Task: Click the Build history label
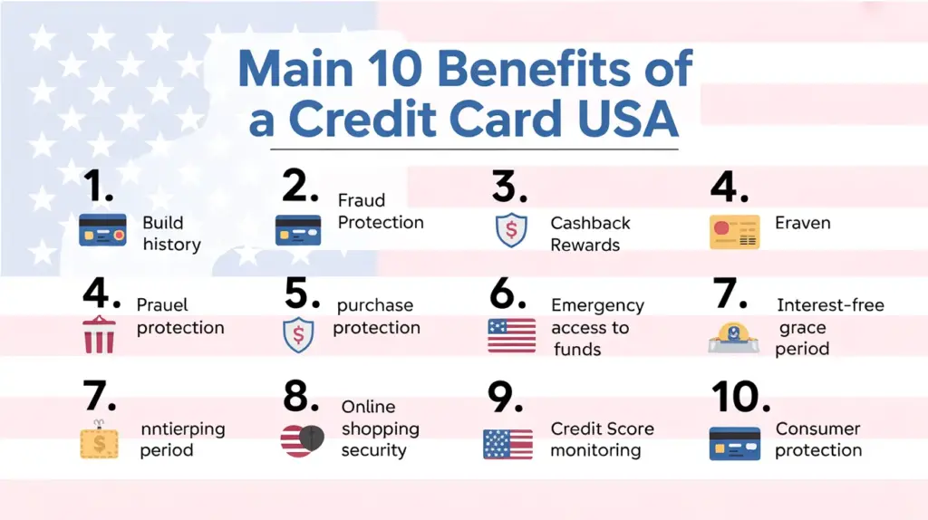click(171, 234)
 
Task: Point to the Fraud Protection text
click(381, 211)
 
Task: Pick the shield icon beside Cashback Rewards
click(511, 230)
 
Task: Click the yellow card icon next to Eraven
click(734, 232)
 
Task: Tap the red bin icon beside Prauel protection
click(99, 335)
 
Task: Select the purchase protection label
click(376, 316)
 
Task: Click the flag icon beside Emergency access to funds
click(511, 335)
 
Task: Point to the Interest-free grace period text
click(828, 327)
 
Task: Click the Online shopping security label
click(380, 429)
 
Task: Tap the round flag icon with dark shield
click(302, 440)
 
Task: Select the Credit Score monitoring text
click(602, 439)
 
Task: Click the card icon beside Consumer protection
click(734, 444)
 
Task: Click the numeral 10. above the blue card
click(739, 397)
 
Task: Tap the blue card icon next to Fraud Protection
click(298, 230)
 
